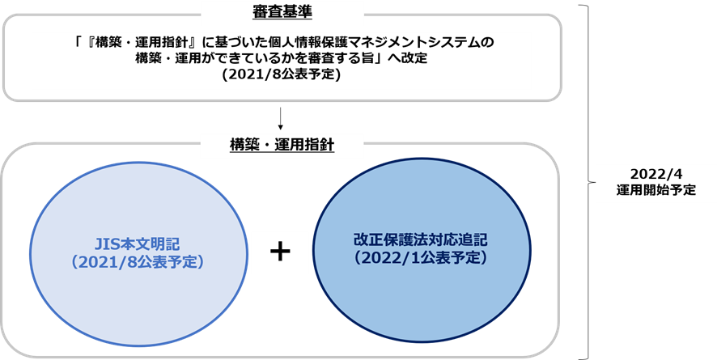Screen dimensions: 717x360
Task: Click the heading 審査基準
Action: pos(282,12)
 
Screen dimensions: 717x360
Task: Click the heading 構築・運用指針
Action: pos(282,145)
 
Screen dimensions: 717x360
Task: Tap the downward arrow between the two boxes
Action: pos(281,119)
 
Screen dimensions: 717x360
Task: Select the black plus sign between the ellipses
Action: pos(280,252)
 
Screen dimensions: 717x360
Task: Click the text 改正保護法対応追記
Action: pos(420,239)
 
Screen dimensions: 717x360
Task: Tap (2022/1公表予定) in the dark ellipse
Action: pos(420,258)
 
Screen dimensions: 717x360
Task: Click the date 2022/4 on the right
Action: pos(655,174)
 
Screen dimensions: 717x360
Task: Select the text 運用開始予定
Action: pos(655,190)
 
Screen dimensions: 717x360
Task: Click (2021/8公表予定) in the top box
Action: pos(282,74)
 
